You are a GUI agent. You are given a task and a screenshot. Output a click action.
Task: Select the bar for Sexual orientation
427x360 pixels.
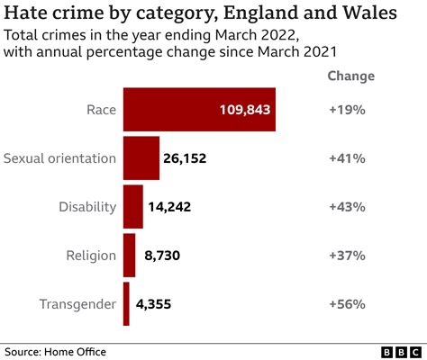pyautogui.click(x=141, y=158)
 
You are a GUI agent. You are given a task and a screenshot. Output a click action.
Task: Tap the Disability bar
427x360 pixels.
pyautogui.click(x=133, y=207)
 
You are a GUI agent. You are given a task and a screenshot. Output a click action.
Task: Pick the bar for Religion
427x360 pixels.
pyautogui.click(x=129, y=256)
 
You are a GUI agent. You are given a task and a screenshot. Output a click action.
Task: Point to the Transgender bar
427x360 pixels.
pyautogui.click(x=126, y=304)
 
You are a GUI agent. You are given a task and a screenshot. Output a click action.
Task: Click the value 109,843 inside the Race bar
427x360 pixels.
pyautogui.click(x=244, y=110)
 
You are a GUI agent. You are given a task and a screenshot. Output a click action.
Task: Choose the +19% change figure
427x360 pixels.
pyautogui.click(x=347, y=110)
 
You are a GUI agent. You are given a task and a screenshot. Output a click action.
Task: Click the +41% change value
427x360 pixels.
pyautogui.click(x=347, y=158)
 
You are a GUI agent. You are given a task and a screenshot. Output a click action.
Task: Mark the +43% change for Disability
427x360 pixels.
pyautogui.click(x=347, y=207)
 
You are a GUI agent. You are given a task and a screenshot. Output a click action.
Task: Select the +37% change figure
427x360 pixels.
pyautogui.click(x=347, y=256)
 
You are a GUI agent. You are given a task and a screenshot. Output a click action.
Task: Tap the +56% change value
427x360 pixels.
pyautogui.click(x=347, y=304)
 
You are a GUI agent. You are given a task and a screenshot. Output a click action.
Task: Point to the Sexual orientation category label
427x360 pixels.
pyautogui.click(x=60, y=158)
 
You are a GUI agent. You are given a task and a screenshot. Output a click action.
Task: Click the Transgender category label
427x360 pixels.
pyautogui.click(x=77, y=304)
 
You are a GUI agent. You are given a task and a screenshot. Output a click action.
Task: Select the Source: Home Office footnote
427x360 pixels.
pyautogui.click(x=56, y=350)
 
